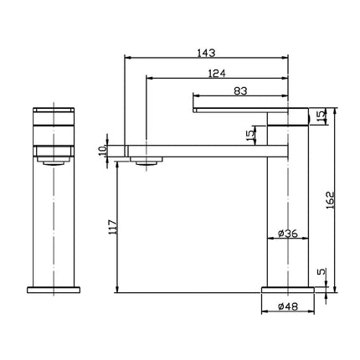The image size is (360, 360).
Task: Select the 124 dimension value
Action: tap(217, 73)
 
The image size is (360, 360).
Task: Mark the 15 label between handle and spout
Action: tap(248, 135)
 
